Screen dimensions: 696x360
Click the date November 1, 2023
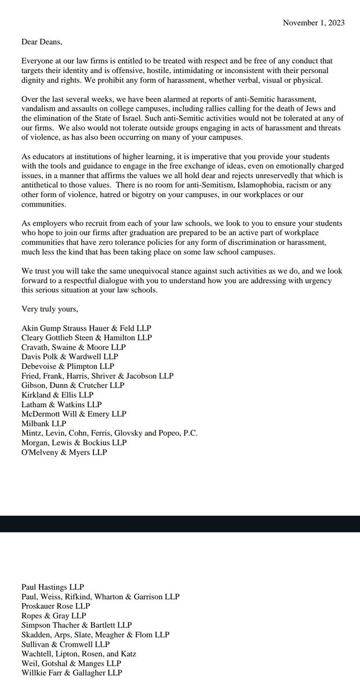(313, 23)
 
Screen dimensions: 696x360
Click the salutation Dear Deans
(42, 42)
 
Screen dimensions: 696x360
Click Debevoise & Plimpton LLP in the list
(68, 367)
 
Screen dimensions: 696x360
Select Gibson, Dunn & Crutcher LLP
(73, 386)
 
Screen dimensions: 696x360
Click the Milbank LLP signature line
(43, 423)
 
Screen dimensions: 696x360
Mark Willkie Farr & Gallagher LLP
(72, 672)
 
